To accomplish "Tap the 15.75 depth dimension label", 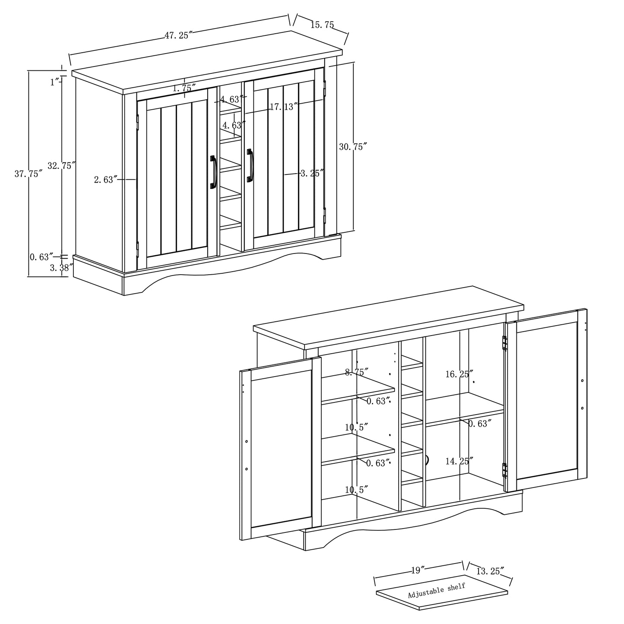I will coord(322,25).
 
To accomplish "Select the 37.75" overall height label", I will coord(29,174).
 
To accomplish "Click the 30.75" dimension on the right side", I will coord(353,146).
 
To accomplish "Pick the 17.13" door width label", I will coord(284,106).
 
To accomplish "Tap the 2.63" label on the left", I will coord(106,180).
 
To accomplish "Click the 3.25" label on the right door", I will coord(312,173).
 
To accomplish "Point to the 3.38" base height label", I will coord(59,268).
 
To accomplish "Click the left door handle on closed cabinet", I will coord(213,172).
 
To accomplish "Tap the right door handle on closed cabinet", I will coord(250,165).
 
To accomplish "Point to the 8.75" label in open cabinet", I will coord(356,371).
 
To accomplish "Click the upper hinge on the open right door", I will coord(504,343).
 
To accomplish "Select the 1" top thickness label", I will coord(54,82).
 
